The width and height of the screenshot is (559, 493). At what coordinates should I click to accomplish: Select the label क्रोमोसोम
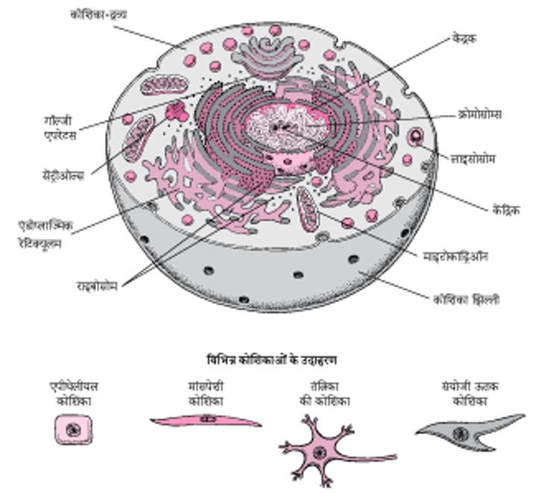[x=479, y=114]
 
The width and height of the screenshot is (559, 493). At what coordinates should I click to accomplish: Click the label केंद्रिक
[x=499, y=210]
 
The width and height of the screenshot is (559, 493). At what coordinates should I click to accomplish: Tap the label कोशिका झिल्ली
[x=467, y=300]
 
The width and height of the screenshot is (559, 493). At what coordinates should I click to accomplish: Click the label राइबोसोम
[x=96, y=283]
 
